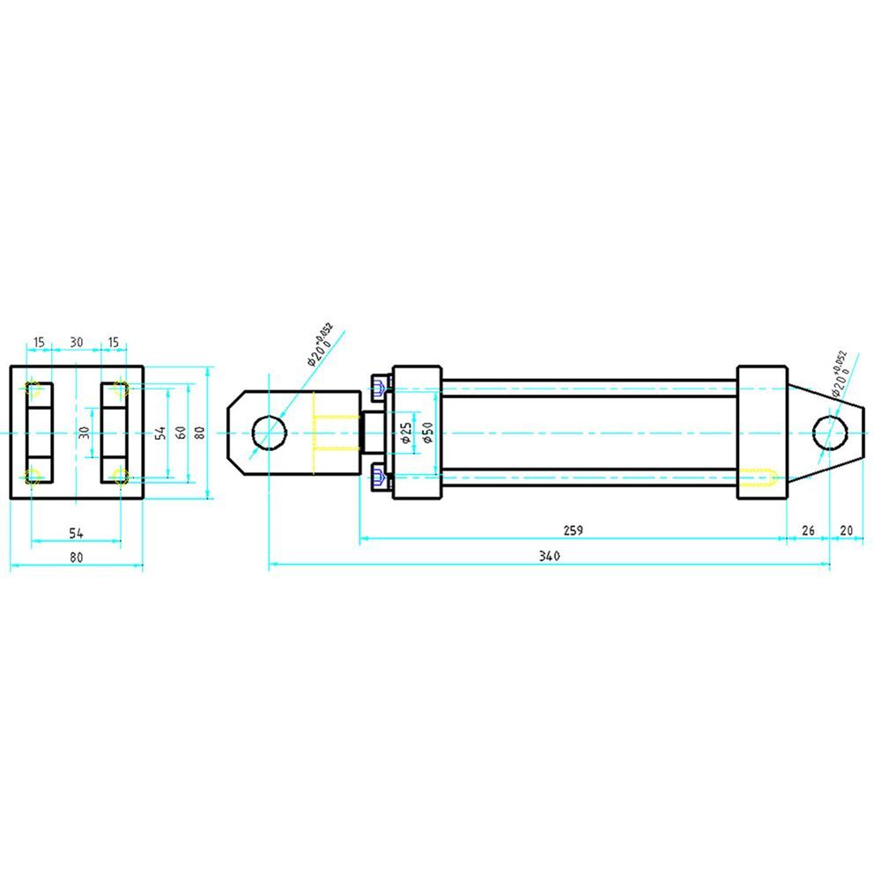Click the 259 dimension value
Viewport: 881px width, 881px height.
pyautogui.click(x=573, y=530)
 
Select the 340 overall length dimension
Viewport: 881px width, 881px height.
pyautogui.click(x=550, y=556)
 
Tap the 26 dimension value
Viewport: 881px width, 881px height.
pyautogui.click(x=807, y=530)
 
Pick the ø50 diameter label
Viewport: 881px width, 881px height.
pyautogui.click(x=427, y=433)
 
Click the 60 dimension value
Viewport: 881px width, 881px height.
pyautogui.click(x=180, y=433)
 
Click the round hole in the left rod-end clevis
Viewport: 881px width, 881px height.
pyautogui.click(x=270, y=433)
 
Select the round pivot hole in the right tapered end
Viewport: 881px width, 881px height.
pyautogui.click(x=830, y=433)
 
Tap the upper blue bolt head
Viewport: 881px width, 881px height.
pyautogui.click(x=380, y=385)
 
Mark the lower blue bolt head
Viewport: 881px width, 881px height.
pyautogui.click(x=380, y=479)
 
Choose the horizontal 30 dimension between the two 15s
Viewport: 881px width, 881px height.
pyautogui.click(x=77, y=342)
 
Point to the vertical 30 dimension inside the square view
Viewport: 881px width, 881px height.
pyautogui.click(x=85, y=433)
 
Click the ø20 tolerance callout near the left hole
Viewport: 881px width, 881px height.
pyautogui.click(x=319, y=344)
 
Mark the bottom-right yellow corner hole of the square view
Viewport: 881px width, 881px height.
pyautogui.click(x=120, y=478)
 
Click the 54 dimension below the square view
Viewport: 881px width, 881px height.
pyautogui.click(x=76, y=532)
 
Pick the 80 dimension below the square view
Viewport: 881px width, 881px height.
pyautogui.click(x=76, y=557)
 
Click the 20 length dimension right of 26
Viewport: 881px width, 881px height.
pyautogui.click(x=847, y=530)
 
